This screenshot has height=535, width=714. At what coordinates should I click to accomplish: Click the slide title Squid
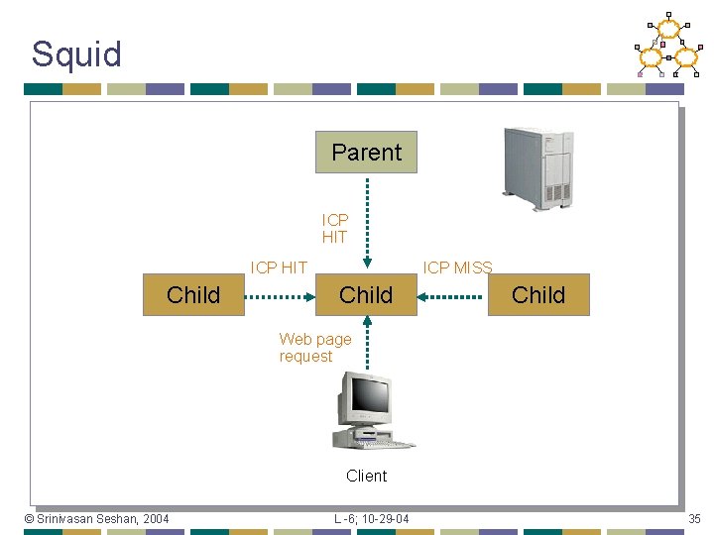click(x=76, y=53)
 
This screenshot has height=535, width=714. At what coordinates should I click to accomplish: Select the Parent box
click(x=366, y=152)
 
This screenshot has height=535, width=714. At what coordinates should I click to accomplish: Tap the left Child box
click(x=193, y=294)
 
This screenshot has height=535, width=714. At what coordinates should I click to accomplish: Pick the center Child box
click(x=366, y=294)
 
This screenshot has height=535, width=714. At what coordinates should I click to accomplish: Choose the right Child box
click(x=538, y=294)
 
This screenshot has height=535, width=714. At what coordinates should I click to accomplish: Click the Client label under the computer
click(x=366, y=476)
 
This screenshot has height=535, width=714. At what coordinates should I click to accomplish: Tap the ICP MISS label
click(x=457, y=267)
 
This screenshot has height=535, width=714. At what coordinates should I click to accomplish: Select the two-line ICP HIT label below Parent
click(x=335, y=229)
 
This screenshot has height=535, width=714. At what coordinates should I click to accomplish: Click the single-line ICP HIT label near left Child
click(x=279, y=267)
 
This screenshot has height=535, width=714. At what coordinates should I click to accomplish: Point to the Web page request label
click(x=314, y=348)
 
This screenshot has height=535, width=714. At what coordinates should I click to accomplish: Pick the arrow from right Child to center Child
click(x=452, y=295)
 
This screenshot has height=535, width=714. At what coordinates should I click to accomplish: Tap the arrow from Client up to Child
click(x=367, y=342)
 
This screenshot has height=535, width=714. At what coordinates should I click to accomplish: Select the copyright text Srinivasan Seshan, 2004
click(x=96, y=519)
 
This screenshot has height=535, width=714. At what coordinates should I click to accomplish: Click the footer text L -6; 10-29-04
click(x=371, y=519)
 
